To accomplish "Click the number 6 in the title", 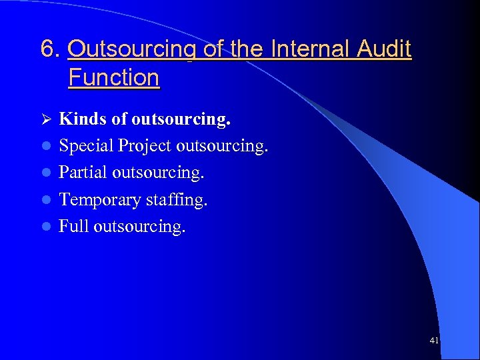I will (47, 49).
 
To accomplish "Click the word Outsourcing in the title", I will (131, 49).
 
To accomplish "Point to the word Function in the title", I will (113, 77).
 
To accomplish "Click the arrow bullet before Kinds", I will (45, 119).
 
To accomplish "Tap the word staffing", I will (177, 200).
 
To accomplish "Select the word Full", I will (73, 227).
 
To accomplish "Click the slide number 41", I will (434, 341).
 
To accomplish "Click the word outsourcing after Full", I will (139, 227).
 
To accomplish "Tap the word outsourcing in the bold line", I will (181, 119).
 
